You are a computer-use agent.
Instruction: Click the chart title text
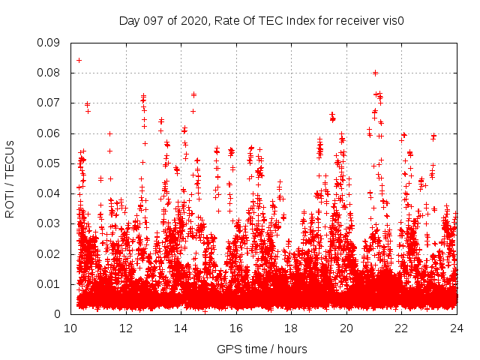[262, 20]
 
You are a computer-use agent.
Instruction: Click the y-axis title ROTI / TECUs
[10, 178]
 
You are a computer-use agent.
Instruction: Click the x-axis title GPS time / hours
[262, 349]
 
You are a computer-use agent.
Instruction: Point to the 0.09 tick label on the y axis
[50, 43]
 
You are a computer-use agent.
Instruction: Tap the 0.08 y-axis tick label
[50, 73]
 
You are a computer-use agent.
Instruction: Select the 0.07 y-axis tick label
[50, 103]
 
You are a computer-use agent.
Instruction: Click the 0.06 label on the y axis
[50, 133]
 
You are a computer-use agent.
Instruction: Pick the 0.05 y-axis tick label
[50, 163]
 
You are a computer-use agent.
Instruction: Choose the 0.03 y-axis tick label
[50, 223]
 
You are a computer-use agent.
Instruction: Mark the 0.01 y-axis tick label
[50, 283]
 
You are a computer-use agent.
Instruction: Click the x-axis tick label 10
[70, 328]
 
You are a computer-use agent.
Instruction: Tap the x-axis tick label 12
[125, 328]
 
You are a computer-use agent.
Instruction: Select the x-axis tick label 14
[181, 328]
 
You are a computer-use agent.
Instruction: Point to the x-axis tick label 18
[291, 328]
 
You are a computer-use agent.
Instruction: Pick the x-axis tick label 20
[346, 328]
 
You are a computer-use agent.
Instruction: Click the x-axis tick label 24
[457, 328]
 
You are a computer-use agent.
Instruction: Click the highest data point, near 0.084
[79, 60]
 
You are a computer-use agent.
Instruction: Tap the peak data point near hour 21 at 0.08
[375, 73]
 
